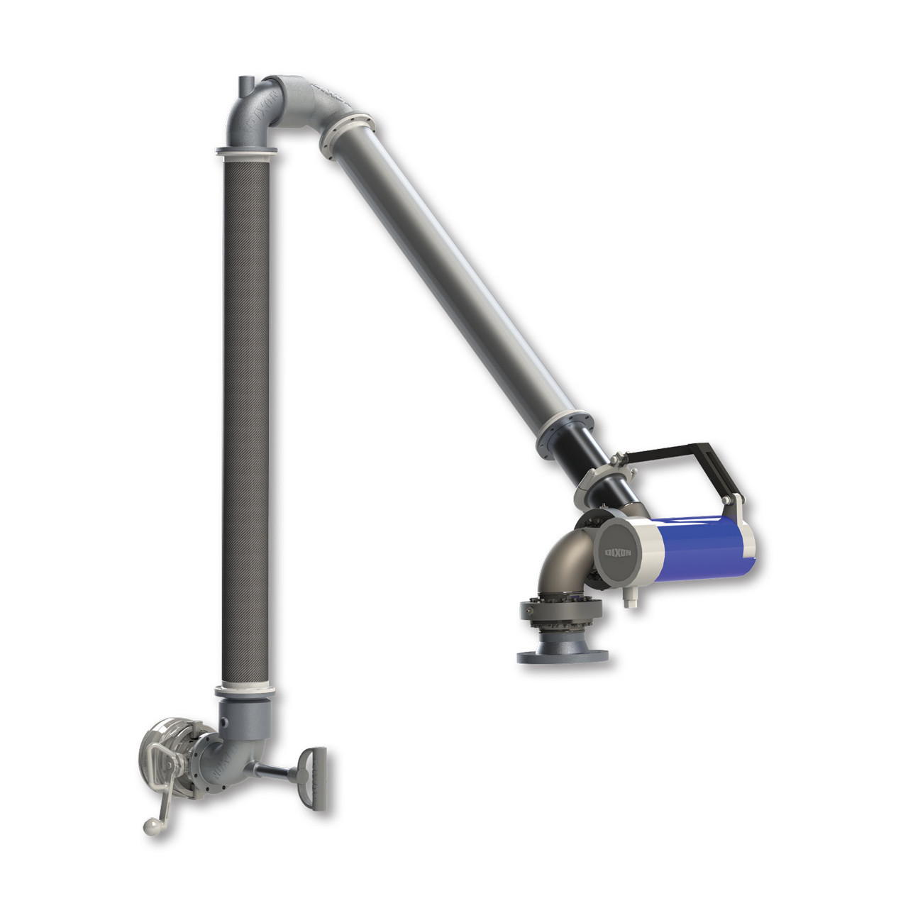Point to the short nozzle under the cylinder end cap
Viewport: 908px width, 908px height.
pos(629,599)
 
